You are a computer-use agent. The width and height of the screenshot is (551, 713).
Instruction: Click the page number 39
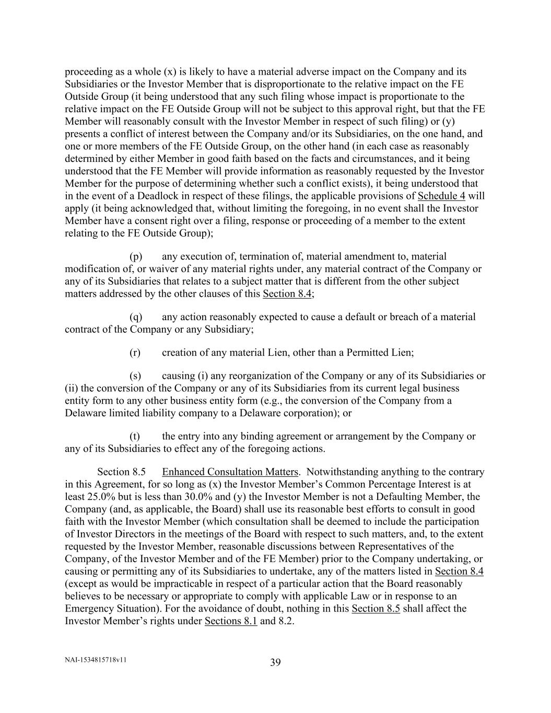(275, 663)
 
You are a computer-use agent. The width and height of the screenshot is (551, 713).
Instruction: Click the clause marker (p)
(136, 256)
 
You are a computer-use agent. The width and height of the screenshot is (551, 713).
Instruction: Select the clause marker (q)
(136, 317)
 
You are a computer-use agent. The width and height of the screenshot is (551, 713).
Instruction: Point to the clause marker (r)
(135, 353)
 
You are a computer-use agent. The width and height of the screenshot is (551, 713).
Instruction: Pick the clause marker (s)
(135, 376)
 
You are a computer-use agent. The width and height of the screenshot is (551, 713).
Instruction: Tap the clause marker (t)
(135, 436)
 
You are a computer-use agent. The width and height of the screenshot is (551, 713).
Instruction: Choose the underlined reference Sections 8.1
(231, 621)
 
